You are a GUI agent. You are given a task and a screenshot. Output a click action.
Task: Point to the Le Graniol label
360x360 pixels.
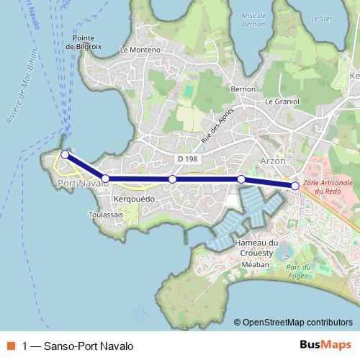pos(282,102)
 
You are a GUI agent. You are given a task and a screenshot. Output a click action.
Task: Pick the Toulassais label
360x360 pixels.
pos(106,214)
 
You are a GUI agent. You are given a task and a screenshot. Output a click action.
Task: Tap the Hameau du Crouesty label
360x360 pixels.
pos(256,248)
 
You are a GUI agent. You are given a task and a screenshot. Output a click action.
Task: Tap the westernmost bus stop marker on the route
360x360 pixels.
pos(65,154)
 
